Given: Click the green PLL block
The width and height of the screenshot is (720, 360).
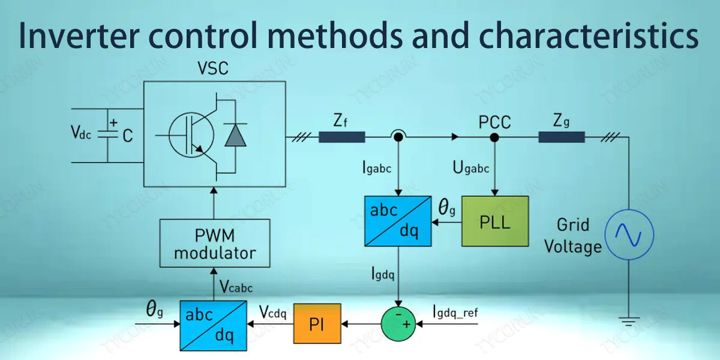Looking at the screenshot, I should pyautogui.click(x=494, y=221).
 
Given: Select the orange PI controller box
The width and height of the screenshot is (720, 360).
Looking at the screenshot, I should pyautogui.click(x=317, y=323).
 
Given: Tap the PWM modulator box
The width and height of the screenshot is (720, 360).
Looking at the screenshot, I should pyautogui.click(x=214, y=243).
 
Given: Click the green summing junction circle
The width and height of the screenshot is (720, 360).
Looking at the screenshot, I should pyautogui.click(x=398, y=324).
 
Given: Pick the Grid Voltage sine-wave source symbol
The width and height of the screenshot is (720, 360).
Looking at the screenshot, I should pyautogui.click(x=628, y=235).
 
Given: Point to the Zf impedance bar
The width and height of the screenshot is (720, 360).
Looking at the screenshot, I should pyautogui.click(x=341, y=137).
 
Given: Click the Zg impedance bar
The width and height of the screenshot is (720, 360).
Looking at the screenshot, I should pyautogui.click(x=562, y=137).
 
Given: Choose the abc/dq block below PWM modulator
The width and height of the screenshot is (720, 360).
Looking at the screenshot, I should pyautogui.click(x=214, y=325).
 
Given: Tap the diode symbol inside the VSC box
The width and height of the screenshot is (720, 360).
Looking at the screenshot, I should pyautogui.click(x=235, y=136).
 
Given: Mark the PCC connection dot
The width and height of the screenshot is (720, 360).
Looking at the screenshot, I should pyautogui.click(x=494, y=137).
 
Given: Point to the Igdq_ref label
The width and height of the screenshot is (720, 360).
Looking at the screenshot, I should pyautogui.click(x=455, y=311).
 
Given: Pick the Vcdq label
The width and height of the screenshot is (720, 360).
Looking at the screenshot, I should pyautogui.click(x=274, y=312).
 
